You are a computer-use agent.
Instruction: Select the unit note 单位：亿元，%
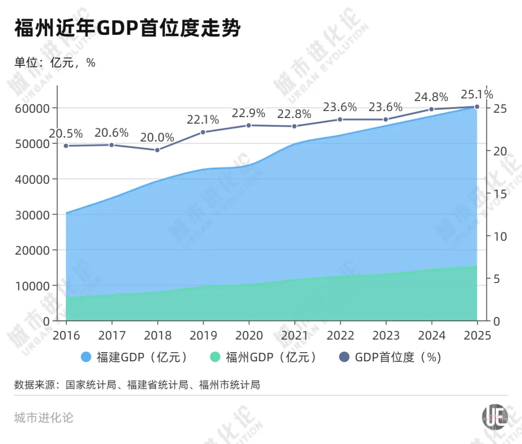(x=55, y=63)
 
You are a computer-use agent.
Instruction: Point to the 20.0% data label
(x=157, y=137)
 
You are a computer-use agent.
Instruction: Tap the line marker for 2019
(x=203, y=132)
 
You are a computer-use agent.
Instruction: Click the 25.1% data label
(x=477, y=94)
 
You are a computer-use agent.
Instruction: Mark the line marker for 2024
(x=431, y=109)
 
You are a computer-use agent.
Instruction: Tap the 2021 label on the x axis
(x=294, y=336)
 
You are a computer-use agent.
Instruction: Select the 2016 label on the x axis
(x=66, y=336)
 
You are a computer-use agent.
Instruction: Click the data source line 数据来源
(x=137, y=385)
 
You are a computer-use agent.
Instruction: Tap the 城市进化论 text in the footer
(x=44, y=417)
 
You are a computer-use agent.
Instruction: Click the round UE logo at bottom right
(x=495, y=416)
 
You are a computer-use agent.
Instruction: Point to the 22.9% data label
(x=248, y=113)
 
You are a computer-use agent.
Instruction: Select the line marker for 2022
(x=340, y=119)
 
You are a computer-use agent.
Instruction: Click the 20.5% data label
(x=66, y=133)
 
